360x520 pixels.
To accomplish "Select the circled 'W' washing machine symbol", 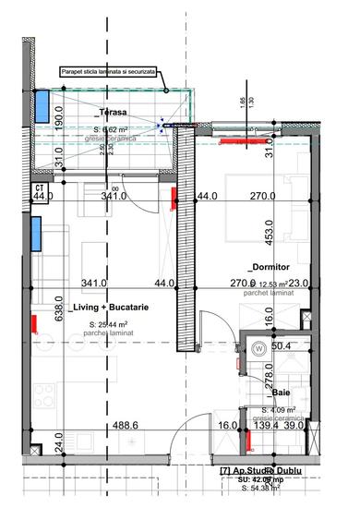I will tap(258, 348).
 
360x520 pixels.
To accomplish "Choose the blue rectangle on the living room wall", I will tap(36, 234).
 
